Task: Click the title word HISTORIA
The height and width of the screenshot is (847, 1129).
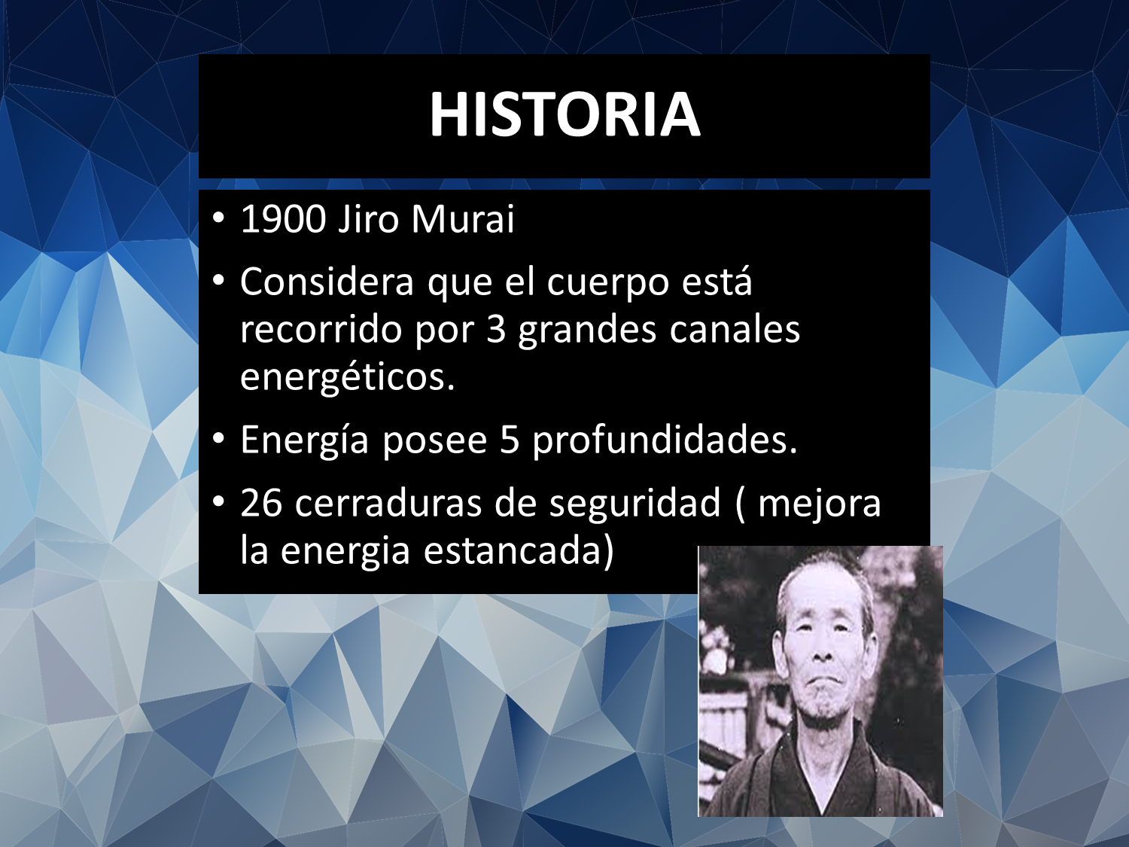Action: [564, 114]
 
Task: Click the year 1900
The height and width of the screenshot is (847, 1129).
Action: [284, 219]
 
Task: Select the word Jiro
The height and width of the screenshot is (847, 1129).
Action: [368, 219]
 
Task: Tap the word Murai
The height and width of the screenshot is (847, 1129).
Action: [462, 219]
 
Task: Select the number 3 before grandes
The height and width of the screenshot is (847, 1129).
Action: [496, 330]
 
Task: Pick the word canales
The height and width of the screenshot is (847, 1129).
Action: [735, 328]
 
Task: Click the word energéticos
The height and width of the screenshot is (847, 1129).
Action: [348, 378]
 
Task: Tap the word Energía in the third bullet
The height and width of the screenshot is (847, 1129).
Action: [305, 440]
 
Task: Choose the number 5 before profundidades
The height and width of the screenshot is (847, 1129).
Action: [510, 440]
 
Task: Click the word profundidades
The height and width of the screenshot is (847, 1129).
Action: [665, 440]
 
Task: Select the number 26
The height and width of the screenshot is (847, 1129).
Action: [261, 502]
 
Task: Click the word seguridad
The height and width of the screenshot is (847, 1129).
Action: [635, 504]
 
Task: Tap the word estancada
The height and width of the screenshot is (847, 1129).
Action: [519, 551]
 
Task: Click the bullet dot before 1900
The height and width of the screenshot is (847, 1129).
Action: [218, 218]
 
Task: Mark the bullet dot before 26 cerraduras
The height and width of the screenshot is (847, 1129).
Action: [218, 501]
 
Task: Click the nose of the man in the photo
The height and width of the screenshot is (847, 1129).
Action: [823, 651]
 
